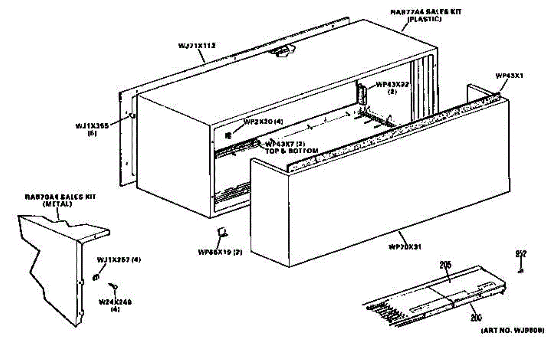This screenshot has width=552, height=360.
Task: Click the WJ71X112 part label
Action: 197,46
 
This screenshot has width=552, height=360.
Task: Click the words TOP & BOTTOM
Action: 292,151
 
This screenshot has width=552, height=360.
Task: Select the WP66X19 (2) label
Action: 220,252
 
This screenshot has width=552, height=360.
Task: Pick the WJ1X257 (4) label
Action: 119,260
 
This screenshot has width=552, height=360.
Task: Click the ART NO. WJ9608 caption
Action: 513,330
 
